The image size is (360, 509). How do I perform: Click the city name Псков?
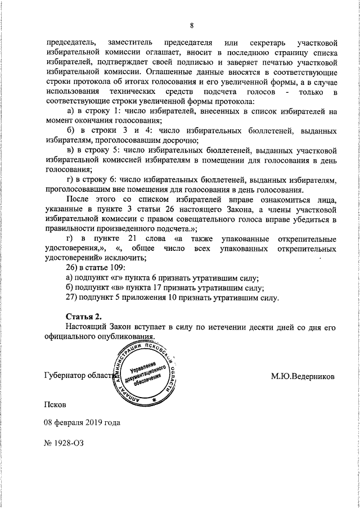pos(56,404)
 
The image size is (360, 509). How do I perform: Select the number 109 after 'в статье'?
pos(116,268)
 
